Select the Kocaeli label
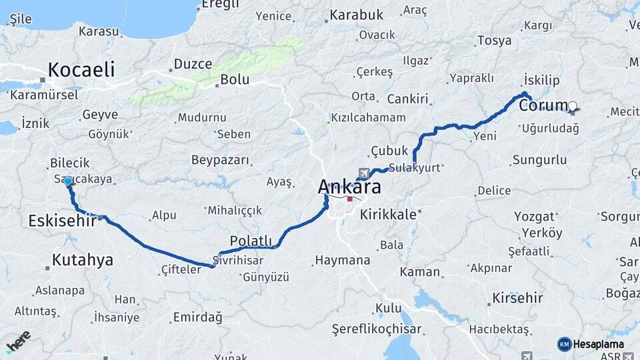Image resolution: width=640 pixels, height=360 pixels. (81, 69)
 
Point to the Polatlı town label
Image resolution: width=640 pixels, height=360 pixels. (251, 241)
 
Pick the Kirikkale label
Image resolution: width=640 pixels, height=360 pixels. (388, 215)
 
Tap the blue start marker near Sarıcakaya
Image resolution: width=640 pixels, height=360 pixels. (67, 181)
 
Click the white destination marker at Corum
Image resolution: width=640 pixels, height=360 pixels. (573, 105)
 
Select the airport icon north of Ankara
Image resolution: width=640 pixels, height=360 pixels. (363, 173)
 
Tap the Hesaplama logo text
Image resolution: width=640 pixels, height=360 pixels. (599, 344)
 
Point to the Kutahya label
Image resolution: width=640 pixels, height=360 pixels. (83, 260)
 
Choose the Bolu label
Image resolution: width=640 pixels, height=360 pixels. (235, 79)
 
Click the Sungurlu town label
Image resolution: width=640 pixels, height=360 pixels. (540, 160)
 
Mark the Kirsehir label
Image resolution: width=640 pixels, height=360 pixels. (517, 297)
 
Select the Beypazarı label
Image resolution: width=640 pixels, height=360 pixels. (220, 160)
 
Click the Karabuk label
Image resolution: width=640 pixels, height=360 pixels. (357, 14)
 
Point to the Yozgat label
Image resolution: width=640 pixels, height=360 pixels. (535, 217)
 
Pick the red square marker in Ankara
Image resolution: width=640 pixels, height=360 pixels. (350, 199)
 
